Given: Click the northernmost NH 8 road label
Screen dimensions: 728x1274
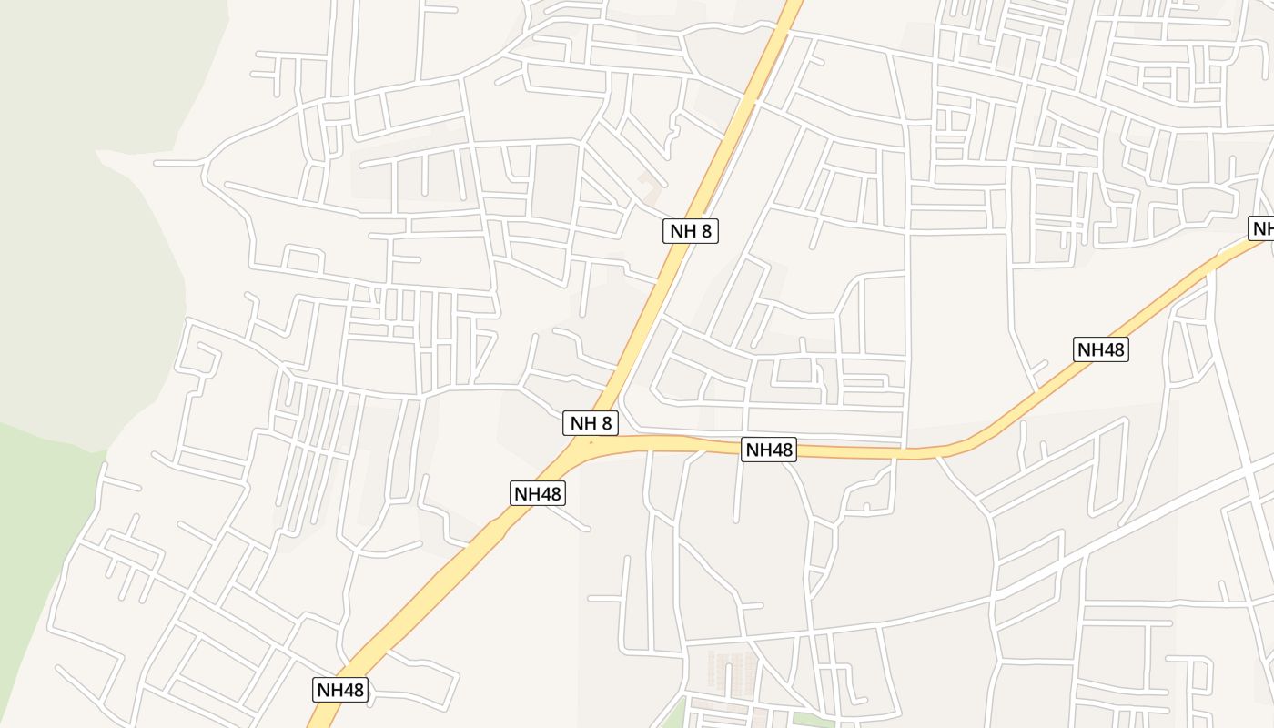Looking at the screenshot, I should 690,231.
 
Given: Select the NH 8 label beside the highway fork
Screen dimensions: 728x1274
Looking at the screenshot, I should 591,423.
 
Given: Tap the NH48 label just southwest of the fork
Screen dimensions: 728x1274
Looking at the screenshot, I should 538,493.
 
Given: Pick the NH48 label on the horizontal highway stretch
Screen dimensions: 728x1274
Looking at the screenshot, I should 769,450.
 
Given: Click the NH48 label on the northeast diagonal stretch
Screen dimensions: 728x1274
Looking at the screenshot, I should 1100,349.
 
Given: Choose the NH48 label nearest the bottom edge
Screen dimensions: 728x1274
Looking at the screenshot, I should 340,690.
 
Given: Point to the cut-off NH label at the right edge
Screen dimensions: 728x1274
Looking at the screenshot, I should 1262,228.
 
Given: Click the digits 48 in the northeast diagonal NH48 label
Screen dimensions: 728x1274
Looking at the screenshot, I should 1112,349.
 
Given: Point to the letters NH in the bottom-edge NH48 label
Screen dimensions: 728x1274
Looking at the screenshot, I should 329,690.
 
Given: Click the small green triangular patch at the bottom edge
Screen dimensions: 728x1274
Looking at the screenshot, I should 673,716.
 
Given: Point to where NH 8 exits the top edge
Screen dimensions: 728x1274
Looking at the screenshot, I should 792,4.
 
